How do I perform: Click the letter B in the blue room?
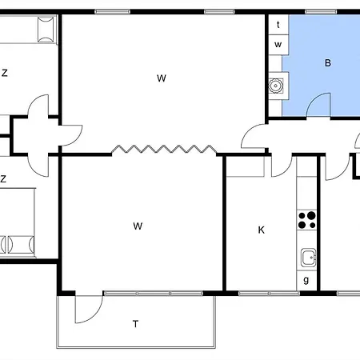pos(327,62)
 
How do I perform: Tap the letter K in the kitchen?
pos(261,230)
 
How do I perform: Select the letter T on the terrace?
pos(136,324)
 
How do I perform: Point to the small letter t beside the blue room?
pos(278,26)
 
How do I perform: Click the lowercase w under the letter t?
pos(278,45)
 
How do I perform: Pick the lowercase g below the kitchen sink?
pos(307,279)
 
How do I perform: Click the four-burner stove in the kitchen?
pos(307,218)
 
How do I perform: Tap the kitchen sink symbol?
pos(307,257)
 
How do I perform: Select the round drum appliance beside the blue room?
pos(278,84)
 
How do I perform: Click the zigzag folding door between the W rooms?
pos(163,150)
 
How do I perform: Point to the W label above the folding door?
pos(162,78)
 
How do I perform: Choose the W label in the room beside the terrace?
pos(138,226)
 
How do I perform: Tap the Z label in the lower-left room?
pos(4,179)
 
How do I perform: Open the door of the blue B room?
pos(319,105)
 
